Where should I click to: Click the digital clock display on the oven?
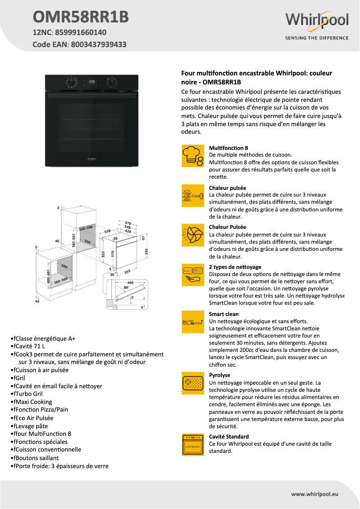(92, 82)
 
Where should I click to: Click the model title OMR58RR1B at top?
(81, 17)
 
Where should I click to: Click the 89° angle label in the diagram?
(127, 287)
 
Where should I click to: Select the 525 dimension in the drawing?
(103, 254)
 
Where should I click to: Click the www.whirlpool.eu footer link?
(315, 494)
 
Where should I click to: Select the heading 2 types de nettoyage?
(235, 267)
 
